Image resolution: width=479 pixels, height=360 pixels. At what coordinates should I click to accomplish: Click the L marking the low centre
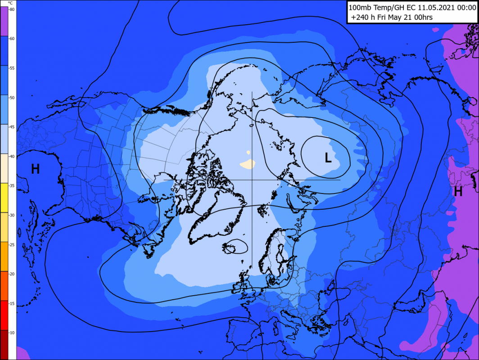tap(328, 157)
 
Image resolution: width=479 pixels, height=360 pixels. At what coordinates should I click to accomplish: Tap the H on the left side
tap(35, 169)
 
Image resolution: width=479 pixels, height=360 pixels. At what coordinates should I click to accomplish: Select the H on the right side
tap(458, 192)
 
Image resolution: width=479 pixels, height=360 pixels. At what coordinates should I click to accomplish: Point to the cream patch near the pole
tap(247, 164)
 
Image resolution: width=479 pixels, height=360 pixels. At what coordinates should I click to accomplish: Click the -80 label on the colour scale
tap(12, 9)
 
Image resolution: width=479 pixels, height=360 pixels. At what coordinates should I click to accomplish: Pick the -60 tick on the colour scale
tap(12, 39)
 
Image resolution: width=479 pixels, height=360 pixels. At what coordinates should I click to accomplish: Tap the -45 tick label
tap(12, 127)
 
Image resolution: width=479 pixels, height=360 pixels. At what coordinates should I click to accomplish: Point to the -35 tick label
tap(12, 186)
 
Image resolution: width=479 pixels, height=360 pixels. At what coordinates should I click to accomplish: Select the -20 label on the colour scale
tap(12, 274)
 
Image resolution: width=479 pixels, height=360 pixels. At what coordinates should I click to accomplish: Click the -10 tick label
tap(12, 333)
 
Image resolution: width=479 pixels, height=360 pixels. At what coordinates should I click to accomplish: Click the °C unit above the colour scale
tap(10, 3)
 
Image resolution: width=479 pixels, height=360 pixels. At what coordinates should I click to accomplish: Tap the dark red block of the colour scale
tap(4, 344)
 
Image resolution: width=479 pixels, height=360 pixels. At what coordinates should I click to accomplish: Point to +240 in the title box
tap(359, 18)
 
